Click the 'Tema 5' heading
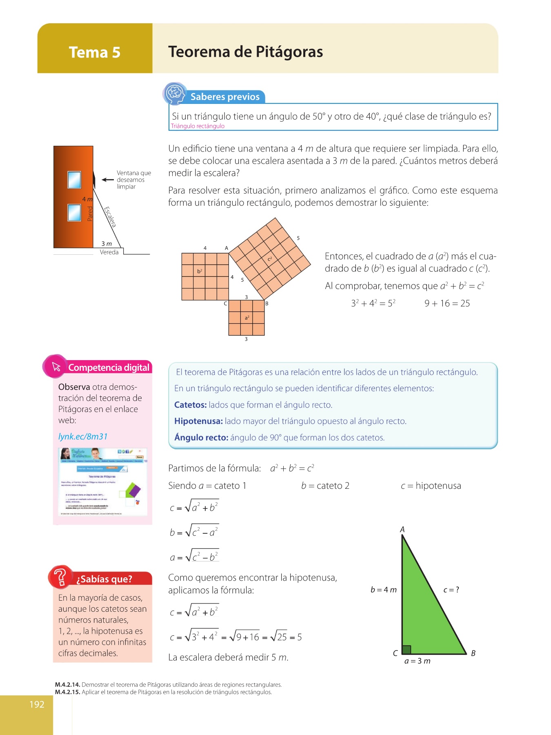click(95, 52)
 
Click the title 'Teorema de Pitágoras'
click(245, 52)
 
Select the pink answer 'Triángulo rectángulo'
click(198, 126)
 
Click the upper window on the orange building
click(74, 180)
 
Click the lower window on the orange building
click(74, 212)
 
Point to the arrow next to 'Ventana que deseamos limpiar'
click(107, 180)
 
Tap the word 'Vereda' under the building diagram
click(109, 252)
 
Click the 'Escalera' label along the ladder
click(110, 216)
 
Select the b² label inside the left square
click(200, 271)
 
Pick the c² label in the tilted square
click(270, 259)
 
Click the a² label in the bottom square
click(247, 317)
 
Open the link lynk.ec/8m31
click(83, 437)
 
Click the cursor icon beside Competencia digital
click(56, 366)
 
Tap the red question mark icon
click(60, 577)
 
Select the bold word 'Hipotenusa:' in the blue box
click(198, 421)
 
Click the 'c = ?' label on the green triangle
click(451, 590)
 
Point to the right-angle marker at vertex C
click(406, 650)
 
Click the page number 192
click(37, 704)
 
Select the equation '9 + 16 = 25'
click(447, 303)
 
